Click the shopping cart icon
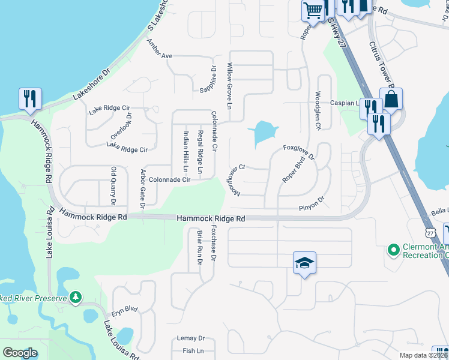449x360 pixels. tap(313, 10)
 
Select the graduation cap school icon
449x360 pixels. tap(304, 263)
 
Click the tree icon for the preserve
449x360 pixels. tap(76, 297)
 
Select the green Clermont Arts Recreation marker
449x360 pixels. tap(394, 248)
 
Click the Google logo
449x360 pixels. tap(20, 353)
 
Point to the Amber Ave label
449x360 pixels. tap(160, 56)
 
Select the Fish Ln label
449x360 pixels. tap(193, 350)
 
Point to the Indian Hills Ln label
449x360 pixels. tap(186, 152)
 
